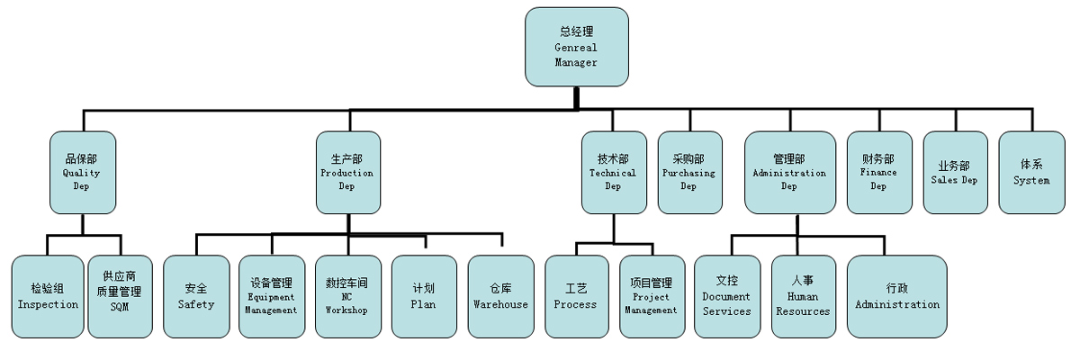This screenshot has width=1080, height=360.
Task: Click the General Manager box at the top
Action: click(577, 47)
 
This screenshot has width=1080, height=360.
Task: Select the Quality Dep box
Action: click(82, 172)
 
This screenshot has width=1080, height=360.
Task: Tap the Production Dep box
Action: click(346, 172)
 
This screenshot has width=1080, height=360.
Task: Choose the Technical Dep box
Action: click(613, 172)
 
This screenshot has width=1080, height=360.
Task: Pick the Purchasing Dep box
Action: click(688, 172)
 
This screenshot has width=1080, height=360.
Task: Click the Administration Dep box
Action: click(788, 172)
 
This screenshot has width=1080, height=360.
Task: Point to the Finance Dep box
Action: click(878, 172)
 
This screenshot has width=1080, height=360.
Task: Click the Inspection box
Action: click(48, 296)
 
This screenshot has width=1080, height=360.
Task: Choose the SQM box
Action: click(120, 296)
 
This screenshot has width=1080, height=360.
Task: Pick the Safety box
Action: click(196, 296)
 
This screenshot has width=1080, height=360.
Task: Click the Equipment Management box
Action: click(271, 296)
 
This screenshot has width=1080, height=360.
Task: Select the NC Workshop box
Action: click(346, 296)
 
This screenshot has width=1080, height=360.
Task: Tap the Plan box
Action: click(423, 296)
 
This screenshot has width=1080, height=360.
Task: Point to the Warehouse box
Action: click(500, 296)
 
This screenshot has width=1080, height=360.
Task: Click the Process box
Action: click(576, 296)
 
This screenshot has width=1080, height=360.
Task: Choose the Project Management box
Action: click(652, 296)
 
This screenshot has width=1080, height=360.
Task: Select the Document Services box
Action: click(726, 296)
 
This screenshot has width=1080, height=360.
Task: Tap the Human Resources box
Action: click(803, 296)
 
